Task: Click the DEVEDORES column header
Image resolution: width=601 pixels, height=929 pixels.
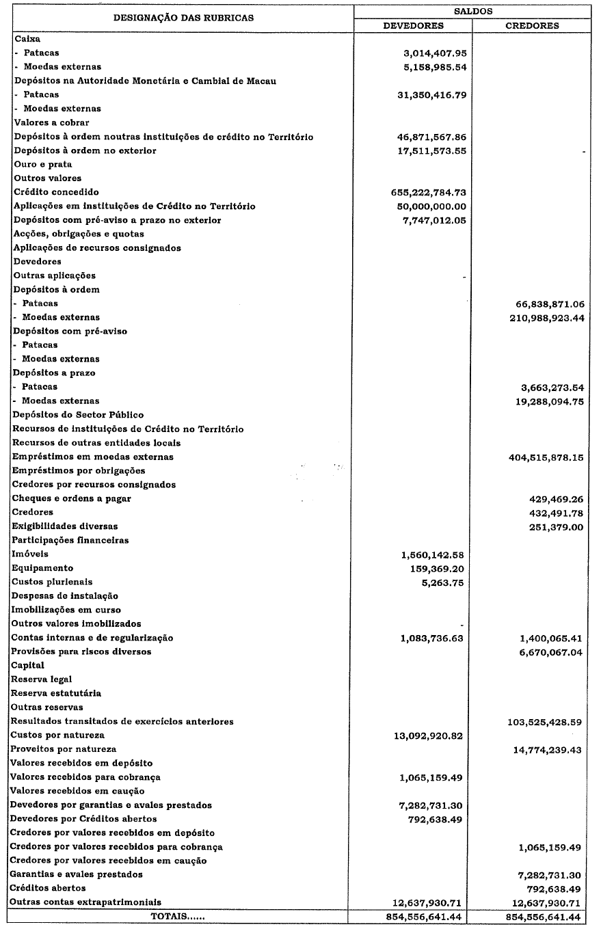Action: pos(413,26)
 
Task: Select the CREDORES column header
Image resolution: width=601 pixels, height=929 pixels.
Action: pos(532,26)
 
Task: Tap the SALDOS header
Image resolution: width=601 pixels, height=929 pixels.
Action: pos(472,12)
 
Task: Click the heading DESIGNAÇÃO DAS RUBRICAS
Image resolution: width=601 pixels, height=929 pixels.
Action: pos(183,18)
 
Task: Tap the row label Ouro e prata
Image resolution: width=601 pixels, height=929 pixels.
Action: pos(43,164)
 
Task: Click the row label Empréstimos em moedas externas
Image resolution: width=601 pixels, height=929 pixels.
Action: pos(93,457)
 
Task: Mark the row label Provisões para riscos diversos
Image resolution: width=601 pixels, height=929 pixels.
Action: pos(81,651)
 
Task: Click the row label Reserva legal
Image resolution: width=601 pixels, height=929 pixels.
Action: pos(42,679)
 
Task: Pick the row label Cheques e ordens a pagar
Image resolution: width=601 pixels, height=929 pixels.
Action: pos(72,498)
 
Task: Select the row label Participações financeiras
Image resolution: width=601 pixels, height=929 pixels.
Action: pos(70,540)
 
